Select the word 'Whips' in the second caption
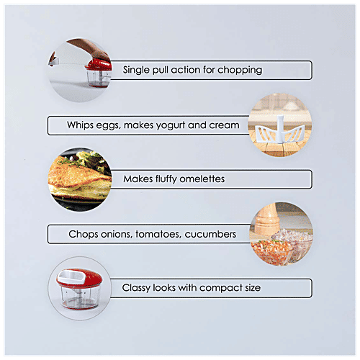[81, 125]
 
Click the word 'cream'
[224, 125]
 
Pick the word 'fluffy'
[166, 179]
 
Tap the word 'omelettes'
[202, 179]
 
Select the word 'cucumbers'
[210, 234]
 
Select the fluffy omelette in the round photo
[79, 179]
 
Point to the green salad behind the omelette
[92, 160]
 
